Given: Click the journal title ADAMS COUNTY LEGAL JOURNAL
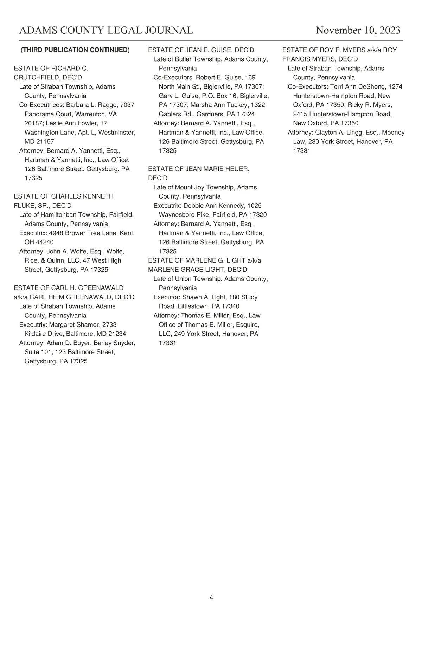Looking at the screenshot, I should (106, 31).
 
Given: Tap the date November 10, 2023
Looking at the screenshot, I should (358, 31).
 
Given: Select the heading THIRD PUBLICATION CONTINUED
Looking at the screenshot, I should (75, 50).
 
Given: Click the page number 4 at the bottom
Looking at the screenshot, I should (211, 598).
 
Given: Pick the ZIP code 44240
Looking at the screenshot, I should (44, 242).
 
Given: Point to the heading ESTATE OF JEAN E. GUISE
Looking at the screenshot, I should (201, 50).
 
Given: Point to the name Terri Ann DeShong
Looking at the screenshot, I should (357, 86).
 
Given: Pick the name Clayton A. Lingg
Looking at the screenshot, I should (339, 133).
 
